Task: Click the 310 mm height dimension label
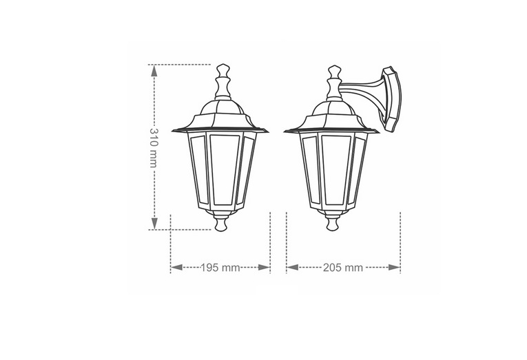point(154,148)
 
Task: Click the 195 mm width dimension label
point(220,268)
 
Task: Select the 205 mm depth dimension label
point(343,268)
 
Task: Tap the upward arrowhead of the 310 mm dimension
point(154,71)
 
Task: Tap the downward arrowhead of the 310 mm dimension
point(154,223)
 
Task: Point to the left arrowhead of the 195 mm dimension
point(177,267)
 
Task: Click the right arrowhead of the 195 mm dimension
point(264,267)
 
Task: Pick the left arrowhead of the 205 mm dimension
point(293,267)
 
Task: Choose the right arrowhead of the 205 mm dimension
point(394,267)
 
